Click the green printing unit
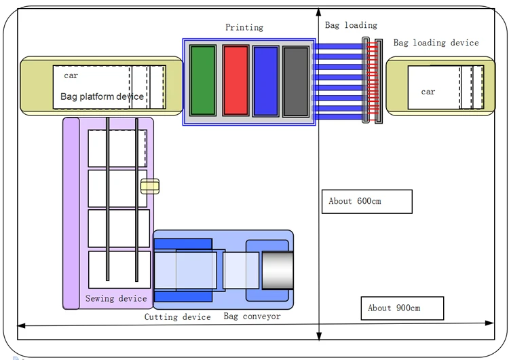point(203,80)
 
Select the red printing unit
point(235,80)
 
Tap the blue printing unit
point(265,80)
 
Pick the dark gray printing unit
point(296,81)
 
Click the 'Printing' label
point(244,28)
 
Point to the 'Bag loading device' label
point(436,43)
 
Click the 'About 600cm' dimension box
point(366,202)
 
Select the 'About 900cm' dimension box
point(402,308)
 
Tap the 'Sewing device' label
point(116,298)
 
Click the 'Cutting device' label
point(177,317)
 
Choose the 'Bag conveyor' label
point(252,317)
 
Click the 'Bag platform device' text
point(102,96)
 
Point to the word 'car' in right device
point(428,92)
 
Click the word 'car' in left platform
point(71,75)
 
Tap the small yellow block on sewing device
point(150,186)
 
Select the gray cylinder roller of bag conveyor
point(278,270)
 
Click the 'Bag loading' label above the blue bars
point(351,25)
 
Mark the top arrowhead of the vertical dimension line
point(319,11)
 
